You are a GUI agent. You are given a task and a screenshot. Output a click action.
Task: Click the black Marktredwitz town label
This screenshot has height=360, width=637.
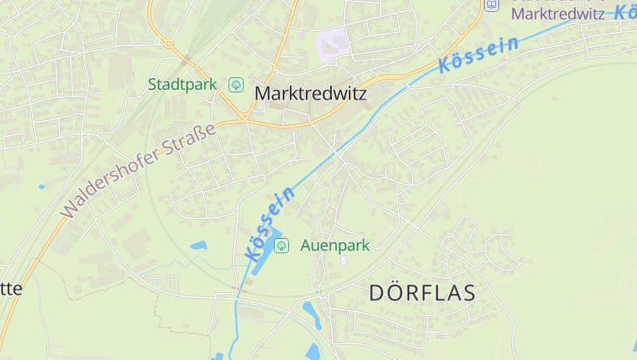[x=311, y=93]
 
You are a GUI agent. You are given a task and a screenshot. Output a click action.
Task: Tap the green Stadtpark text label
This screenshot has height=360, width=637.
[x=182, y=84]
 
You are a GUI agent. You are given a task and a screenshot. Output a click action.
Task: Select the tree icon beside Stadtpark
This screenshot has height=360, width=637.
[x=236, y=84]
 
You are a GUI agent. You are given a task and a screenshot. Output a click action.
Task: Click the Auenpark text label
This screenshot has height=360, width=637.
[x=334, y=245]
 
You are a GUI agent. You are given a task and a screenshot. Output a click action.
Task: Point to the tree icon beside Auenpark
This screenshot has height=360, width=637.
[x=281, y=245]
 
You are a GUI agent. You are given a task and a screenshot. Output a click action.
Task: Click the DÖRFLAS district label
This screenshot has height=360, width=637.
[x=422, y=292]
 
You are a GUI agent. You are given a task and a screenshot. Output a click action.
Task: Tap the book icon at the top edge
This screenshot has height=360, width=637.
[x=492, y=5]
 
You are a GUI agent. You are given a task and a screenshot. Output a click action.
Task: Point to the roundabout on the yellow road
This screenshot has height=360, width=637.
[x=169, y=44]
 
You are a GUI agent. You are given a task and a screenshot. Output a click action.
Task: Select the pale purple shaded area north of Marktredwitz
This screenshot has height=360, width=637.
[x=334, y=42]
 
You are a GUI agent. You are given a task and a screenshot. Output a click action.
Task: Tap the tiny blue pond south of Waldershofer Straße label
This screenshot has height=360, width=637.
[x=41, y=187]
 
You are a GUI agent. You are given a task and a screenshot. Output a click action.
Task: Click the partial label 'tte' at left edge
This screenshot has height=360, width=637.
[x=11, y=288]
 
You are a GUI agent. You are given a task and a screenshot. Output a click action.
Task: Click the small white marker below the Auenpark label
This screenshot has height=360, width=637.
[x=344, y=260]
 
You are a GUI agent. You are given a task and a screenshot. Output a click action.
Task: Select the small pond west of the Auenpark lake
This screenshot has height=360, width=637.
[x=198, y=245]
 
